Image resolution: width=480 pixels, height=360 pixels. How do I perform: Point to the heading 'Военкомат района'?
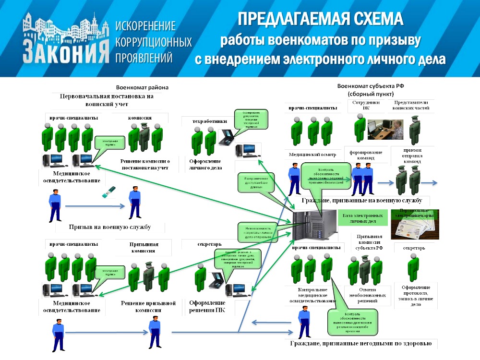click(142, 88)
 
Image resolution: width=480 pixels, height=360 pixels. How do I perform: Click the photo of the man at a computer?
click(386, 129)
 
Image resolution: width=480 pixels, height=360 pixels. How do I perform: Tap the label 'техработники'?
click(206, 121)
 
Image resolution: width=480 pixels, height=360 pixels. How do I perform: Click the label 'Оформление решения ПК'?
click(207, 306)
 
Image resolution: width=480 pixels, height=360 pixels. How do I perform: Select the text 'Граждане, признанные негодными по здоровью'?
click(361, 344)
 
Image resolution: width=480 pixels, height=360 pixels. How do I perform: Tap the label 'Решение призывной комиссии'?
click(147, 307)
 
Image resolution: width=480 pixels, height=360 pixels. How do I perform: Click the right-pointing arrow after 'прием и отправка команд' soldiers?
click(430, 182)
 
